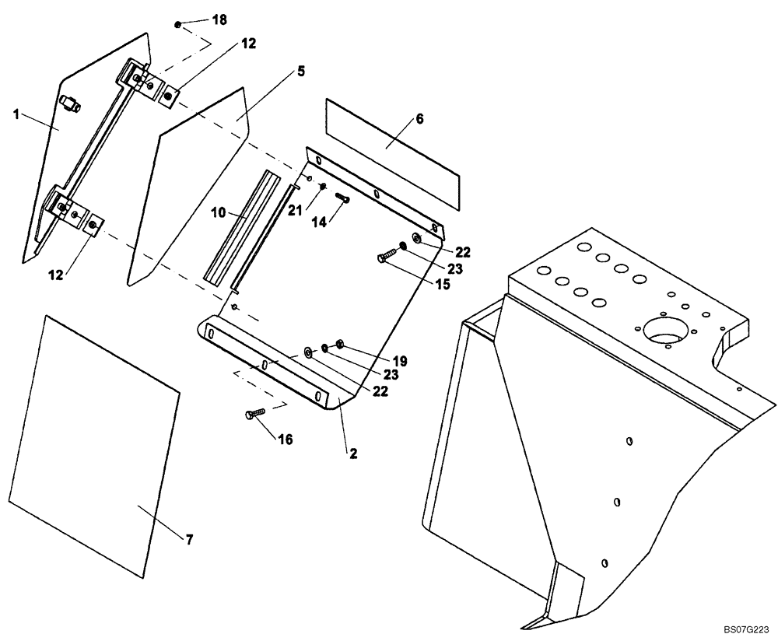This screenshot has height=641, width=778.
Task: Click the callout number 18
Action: click(219, 20)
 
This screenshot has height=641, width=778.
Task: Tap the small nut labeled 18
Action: click(178, 25)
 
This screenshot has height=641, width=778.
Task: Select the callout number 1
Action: click(16, 114)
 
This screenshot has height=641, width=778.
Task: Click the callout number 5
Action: click(300, 71)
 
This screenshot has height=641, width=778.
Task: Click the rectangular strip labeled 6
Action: click(393, 156)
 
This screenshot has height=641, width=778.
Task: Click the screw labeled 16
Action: click(255, 414)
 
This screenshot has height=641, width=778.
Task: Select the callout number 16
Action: click(285, 440)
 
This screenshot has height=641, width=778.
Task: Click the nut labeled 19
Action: click(339, 345)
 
